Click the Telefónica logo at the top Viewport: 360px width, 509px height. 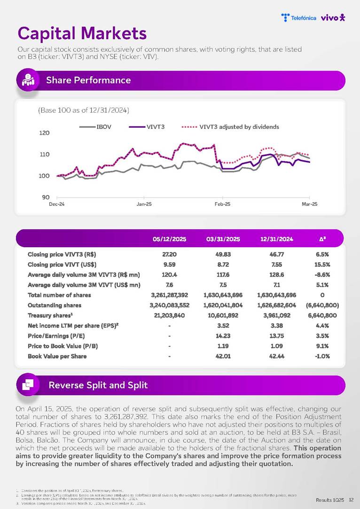(298, 18)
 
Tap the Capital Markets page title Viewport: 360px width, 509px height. (82, 33)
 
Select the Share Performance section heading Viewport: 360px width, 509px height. (88, 80)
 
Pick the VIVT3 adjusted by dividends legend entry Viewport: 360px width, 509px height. (239, 127)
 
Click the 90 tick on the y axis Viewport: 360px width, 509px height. (46, 197)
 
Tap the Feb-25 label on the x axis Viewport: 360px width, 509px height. (222, 204)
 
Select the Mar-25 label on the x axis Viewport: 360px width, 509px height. (309, 204)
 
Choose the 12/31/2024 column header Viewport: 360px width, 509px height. (276, 239)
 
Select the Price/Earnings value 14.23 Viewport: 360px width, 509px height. (223, 336)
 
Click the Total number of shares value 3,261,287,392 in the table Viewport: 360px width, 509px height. (169, 295)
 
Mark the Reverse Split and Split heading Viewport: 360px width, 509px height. (98, 385)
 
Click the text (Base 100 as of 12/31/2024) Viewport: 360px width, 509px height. (83, 110)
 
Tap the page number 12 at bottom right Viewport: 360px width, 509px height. (351, 500)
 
